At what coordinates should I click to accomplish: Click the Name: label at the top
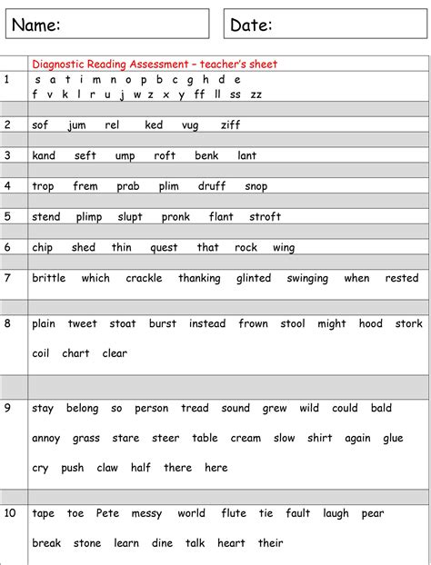(36, 25)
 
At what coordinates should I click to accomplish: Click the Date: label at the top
(251, 25)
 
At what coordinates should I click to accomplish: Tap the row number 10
(10, 513)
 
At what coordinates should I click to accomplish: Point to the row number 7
(7, 278)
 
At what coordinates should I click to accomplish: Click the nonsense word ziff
(231, 124)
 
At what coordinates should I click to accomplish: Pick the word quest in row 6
(164, 247)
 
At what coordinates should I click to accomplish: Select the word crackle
(144, 278)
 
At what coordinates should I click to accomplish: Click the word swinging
(307, 278)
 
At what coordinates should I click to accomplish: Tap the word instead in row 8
(207, 323)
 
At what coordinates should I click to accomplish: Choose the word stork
(409, 323)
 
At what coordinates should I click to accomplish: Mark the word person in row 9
(152, 409)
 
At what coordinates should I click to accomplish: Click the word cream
(246, 438)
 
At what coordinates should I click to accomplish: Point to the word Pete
(107, 513)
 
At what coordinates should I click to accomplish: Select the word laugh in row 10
(336, 513)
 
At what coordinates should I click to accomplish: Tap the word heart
(231, 543)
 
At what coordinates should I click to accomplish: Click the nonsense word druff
(212, 186)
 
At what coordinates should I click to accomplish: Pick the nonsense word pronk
(175, 217)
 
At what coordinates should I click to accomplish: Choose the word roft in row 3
(165, 155)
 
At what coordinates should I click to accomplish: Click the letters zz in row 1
(256, 94)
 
